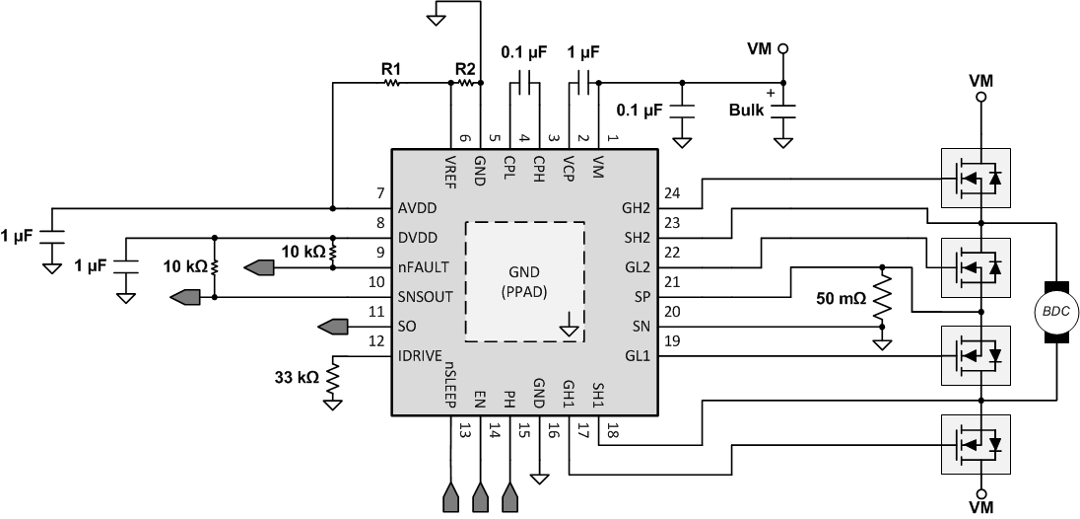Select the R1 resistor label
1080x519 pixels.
391,69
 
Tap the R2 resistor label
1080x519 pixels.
465,69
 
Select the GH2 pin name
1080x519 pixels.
635,209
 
